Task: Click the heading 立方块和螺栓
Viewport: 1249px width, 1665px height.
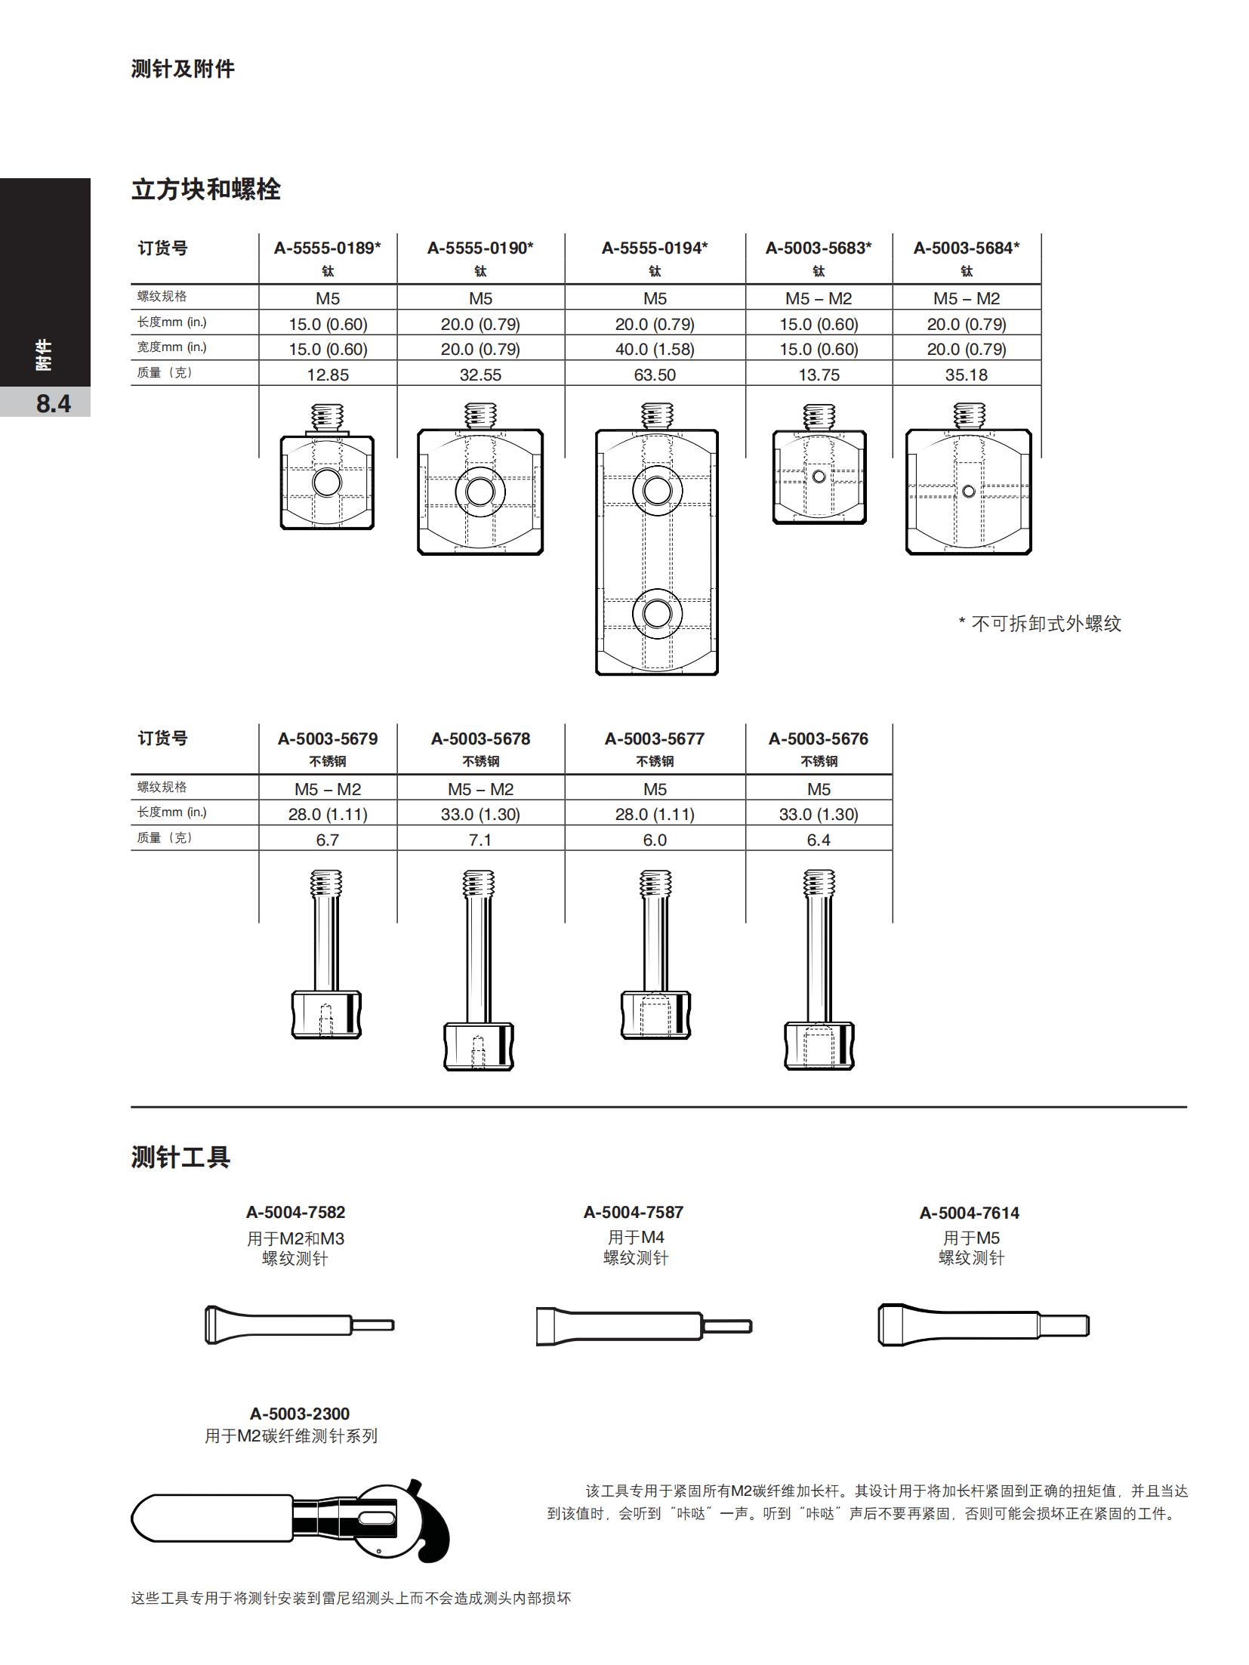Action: [x=205, y=190]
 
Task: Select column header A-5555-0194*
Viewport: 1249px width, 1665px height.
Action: [x=654, y=248]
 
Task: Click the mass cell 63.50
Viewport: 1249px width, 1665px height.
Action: [x=654, y=375]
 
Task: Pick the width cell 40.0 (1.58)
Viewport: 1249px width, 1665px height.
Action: [x=654, y=349]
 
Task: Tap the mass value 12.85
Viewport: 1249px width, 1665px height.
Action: [x=327, y=375]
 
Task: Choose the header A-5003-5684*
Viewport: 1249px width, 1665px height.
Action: [x=966, y=248]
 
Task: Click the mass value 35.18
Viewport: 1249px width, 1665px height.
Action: [x=966, y=375]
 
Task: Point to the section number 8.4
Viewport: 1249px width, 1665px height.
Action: [x=53, y=404]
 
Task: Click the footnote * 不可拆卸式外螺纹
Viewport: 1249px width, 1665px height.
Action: [x=1039, y=624]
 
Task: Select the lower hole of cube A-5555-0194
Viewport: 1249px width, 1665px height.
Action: [x=656, y=612]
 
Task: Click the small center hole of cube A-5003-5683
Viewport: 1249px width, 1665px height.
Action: [x=819, y=476]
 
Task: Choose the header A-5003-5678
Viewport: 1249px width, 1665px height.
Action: [x=480, y=738]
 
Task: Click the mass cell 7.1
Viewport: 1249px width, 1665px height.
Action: [x=480, y=840]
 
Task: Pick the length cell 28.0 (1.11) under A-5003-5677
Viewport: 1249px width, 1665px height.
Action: [x=654, y=814]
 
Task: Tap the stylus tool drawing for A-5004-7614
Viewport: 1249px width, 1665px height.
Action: [x=982, y=1325]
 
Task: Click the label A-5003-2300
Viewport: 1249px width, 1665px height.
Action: [x=300, y=1414]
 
